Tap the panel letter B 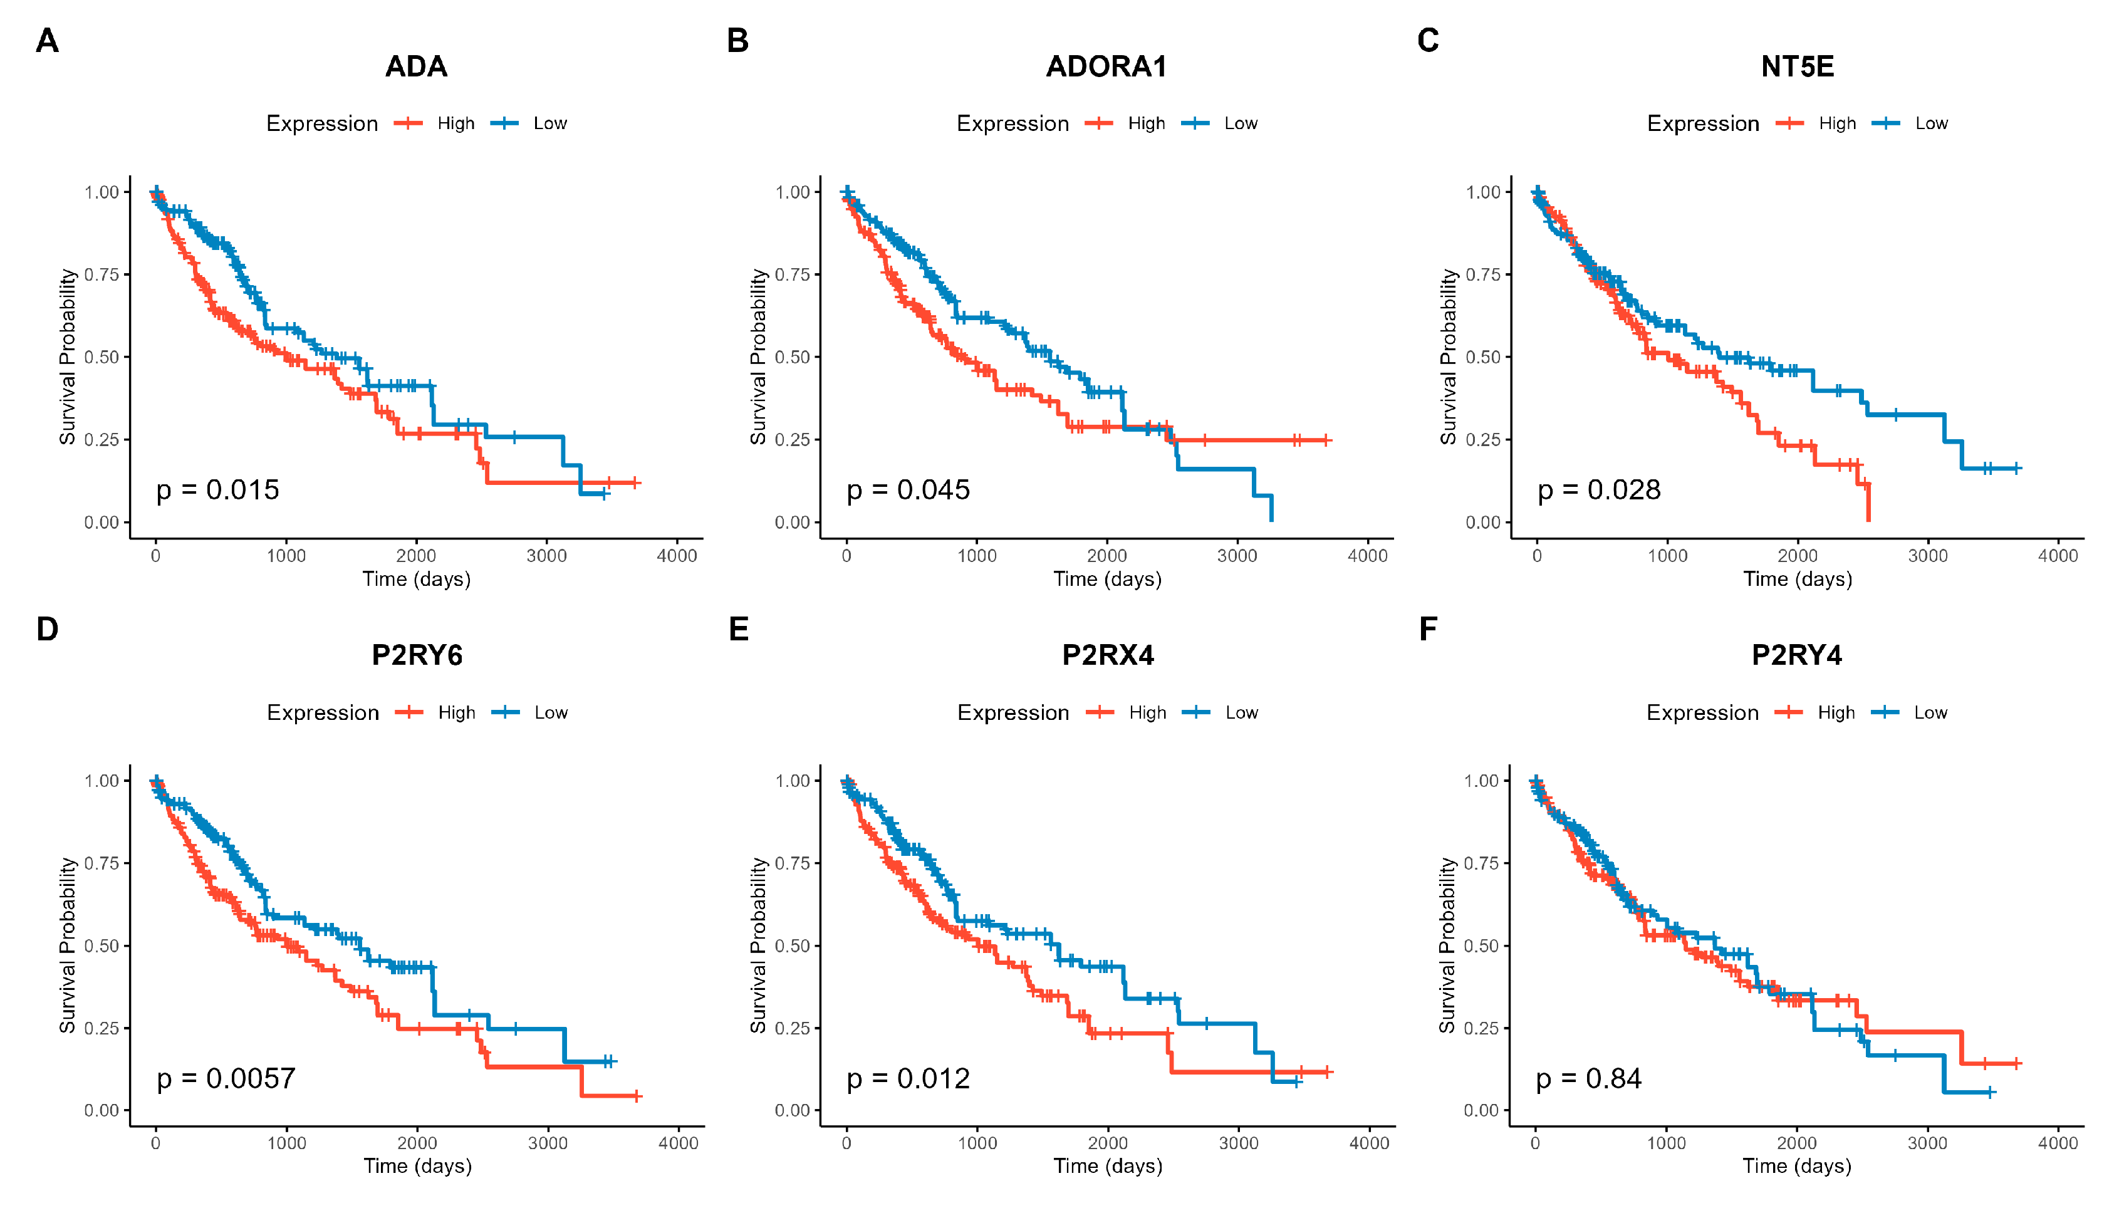point(737,41)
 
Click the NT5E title point(1797,66)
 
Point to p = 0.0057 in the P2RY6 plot point(226,1078)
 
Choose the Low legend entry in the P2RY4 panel point(1930,712)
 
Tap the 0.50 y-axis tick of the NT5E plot point(1482,357)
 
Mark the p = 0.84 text point(1588,1078)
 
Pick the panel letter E point(739,629)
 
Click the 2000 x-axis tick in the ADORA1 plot point(1107,556)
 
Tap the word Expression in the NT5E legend point(1702,123)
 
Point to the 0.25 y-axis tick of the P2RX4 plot point(793,1028)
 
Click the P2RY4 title point(1796,655)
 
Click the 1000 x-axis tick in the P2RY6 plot point(286,1143)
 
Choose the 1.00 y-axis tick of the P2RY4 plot point(1481,781)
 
